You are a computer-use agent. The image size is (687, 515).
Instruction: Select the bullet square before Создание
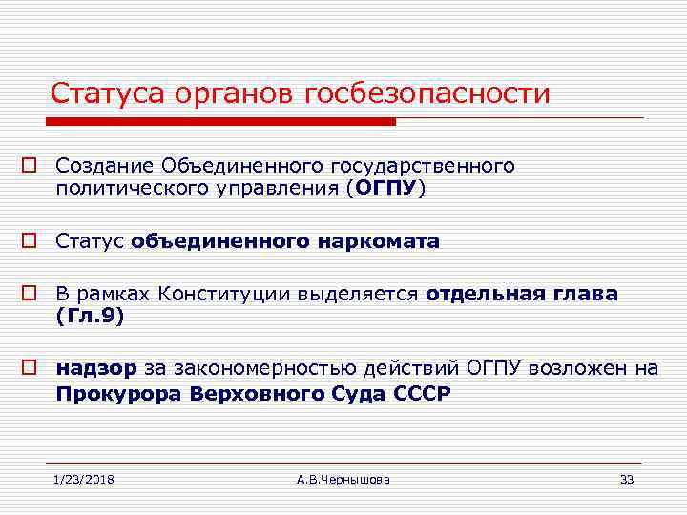(x=31, y=167)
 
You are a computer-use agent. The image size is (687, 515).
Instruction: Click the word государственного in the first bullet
(x=432, y=166)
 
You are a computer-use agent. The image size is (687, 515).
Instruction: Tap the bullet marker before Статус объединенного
(x=31, y=242)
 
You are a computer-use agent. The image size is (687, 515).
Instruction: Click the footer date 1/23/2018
(x=84, y=479)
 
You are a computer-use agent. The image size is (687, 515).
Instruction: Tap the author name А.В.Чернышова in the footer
(x=343, y=479)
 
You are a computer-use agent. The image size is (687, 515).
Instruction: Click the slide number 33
(x=627, y=479)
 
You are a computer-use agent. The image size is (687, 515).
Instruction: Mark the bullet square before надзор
(x=31, y=369)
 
